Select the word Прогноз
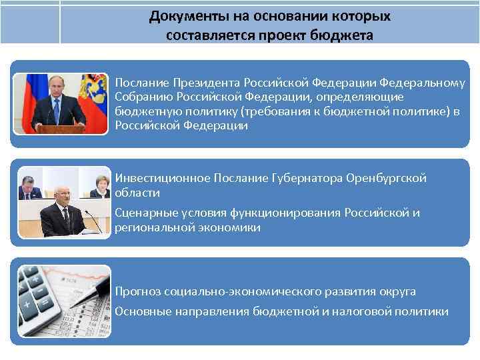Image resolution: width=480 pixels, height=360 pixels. [x=137, y=291]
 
